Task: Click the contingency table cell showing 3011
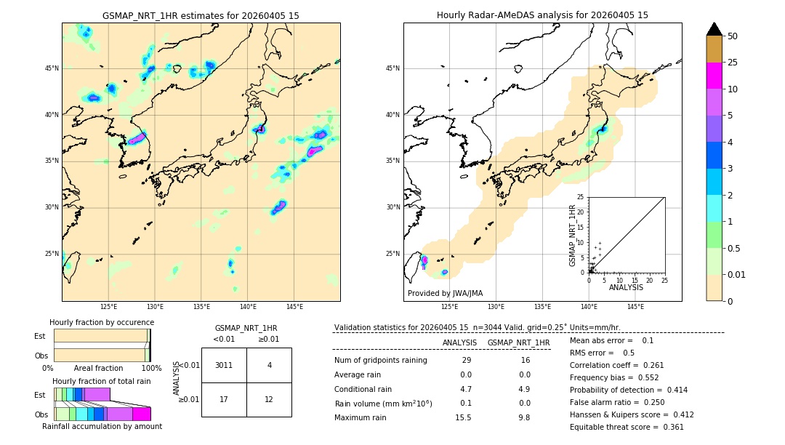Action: (x=224, y=365)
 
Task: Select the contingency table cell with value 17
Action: (x=224, y=399)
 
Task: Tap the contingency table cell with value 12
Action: (x=269, y=399)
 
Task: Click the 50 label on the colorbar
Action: (x=733, y=36)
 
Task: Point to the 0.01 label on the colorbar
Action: (x=736, y=274)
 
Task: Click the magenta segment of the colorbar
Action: (x=714, y=76)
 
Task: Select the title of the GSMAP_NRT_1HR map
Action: (x=201, y=15)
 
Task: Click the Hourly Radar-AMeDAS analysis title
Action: (x=542, y=15)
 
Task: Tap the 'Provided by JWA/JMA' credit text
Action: (x=445, y=293)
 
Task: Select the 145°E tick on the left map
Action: (x=294, y=307)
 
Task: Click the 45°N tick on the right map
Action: (x=392, y=68)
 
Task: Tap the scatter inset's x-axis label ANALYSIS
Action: (x=626, y=287)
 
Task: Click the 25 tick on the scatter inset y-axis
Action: (x=581, y=197)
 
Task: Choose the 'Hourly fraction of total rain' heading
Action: (x=102, y=381)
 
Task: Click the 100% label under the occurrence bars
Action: (x=151, y=369)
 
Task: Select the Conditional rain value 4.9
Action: (x=524, y=389)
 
